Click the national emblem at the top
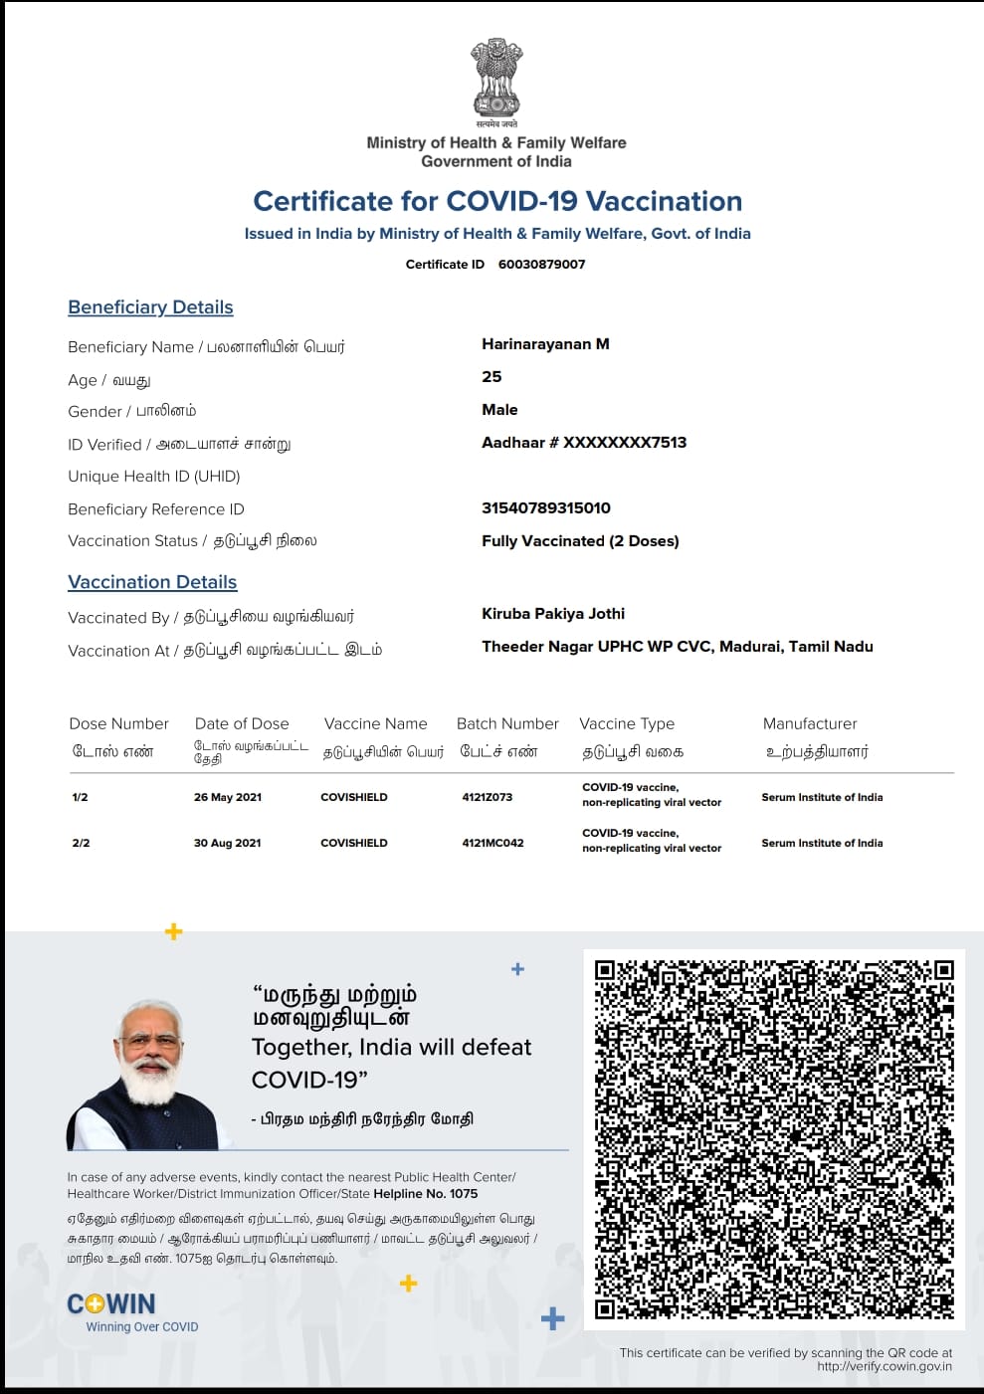tap(496, 79)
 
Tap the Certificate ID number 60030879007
tap(541, 264)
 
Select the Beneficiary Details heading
tap(150, 307)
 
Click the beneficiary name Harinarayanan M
tap(545, 344)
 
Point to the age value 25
tap(492, 377)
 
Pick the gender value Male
tap(499, 410)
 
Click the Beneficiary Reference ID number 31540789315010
tap(545, 508)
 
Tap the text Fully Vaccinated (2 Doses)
tap(580, 541)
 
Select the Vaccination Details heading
tap(152, 582)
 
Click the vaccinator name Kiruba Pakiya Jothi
tap(553, 614)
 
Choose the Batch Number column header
tap(507, 724)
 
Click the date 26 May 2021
tap(228, 797)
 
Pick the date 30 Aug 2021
tap(227, 843)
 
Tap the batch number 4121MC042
tap(492, 843)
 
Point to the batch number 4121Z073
tap(488, 797)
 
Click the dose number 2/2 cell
tap(81, 843)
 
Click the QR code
tap(773, 1139)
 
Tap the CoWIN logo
tap(111, 1304)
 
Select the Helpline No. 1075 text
tap(425, 1194)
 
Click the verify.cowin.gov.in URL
tap(884, 1366)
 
